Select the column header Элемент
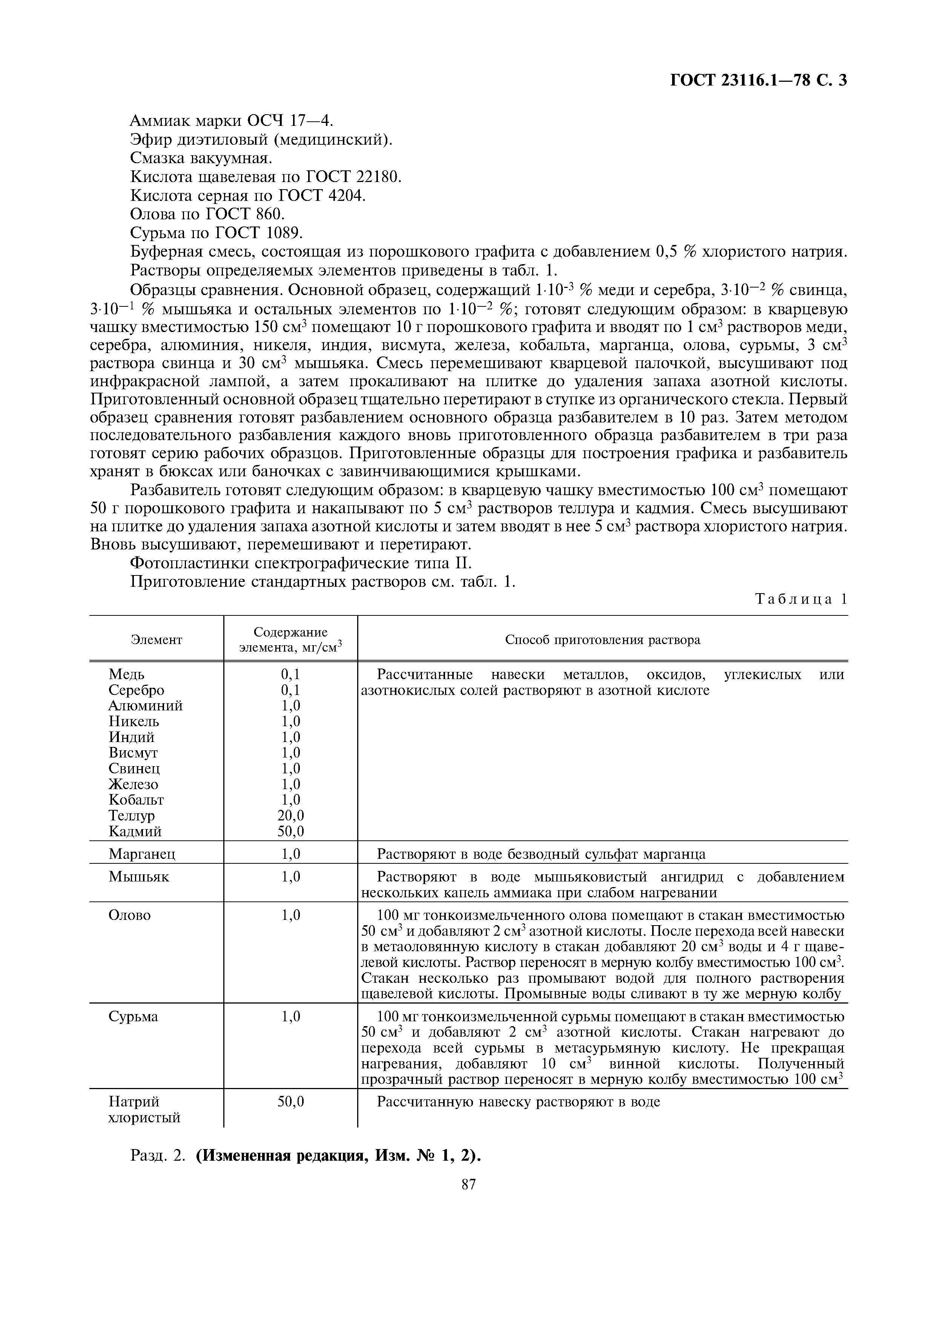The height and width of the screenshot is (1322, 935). point(156,640)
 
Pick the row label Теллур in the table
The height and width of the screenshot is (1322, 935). point(131,815)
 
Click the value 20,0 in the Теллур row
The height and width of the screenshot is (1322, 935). point(291,815)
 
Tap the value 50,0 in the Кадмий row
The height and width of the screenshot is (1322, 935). point(291,831)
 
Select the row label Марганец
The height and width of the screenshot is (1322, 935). point(142,853)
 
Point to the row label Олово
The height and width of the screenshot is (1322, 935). point(130,915)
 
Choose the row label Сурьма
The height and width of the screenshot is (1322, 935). point(133,1017)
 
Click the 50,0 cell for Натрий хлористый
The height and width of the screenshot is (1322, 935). point(291,1102)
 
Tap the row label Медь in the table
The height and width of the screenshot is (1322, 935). point(126,674)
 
